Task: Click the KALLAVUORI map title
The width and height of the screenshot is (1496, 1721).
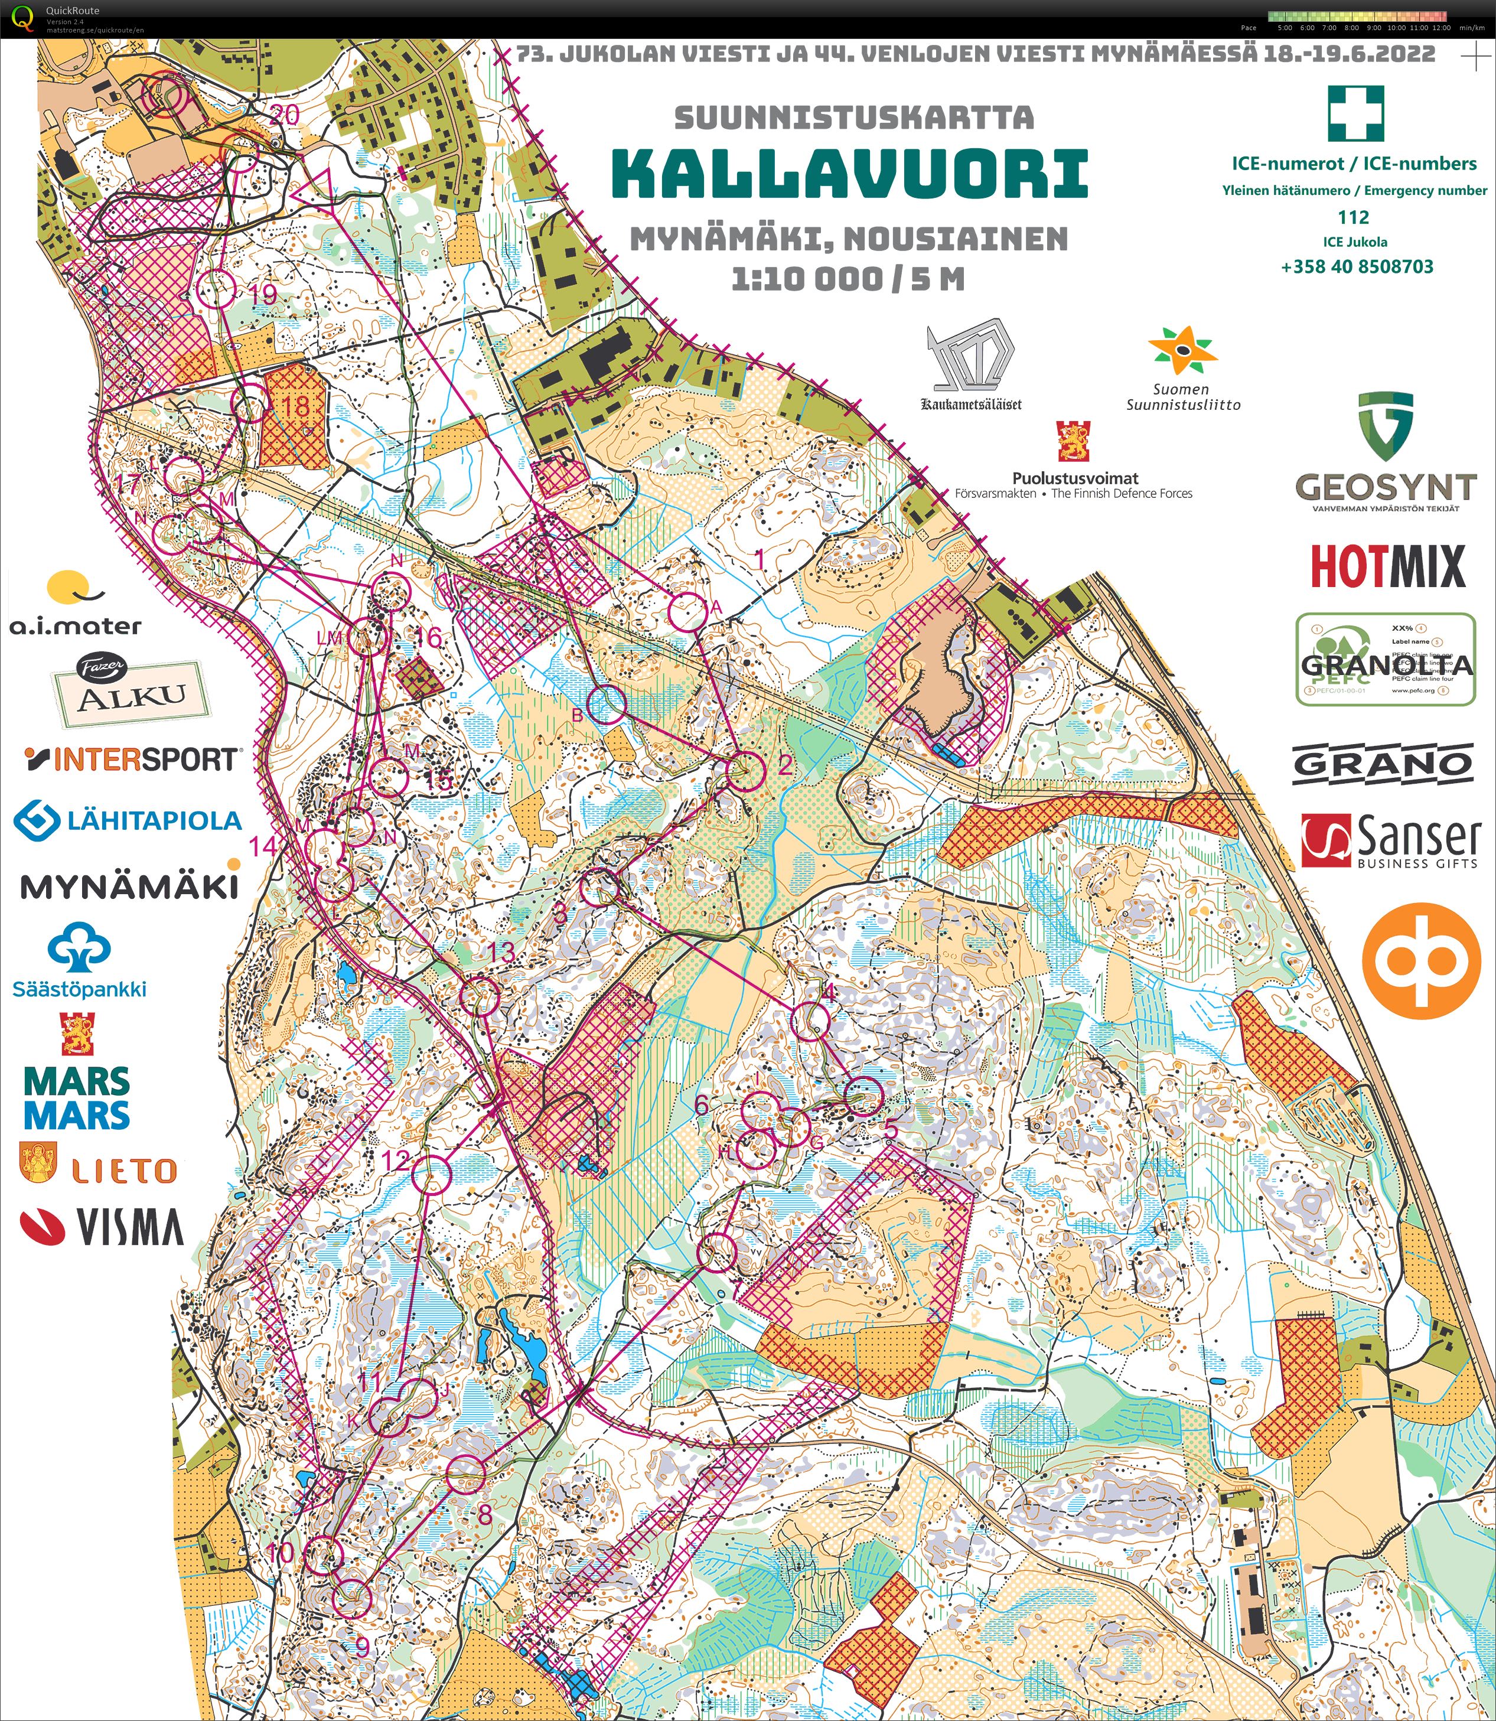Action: click(849, 173)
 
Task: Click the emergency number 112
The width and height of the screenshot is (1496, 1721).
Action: click(1352, 217)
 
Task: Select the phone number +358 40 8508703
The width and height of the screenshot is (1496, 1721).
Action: click(1357, 267)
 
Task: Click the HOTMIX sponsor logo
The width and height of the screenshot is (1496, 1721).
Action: click(1387, 566)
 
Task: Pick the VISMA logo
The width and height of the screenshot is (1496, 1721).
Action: click(102, 1227)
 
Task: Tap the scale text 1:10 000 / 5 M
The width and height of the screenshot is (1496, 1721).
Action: click(848, 279)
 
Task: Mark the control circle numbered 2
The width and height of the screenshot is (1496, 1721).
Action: click(745, 770)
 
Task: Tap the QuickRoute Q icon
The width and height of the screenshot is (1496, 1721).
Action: click(22, 17)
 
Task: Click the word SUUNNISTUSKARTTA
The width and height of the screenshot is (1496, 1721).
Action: click(853, 118)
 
